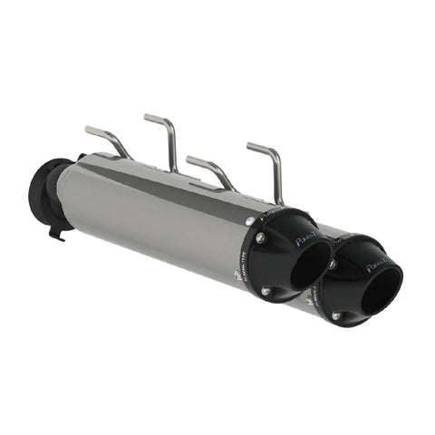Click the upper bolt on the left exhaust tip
(261, 237)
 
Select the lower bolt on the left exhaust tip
(266, 291)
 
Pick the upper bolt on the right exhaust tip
(332, 264)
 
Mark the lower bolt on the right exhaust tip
(336, 314)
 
